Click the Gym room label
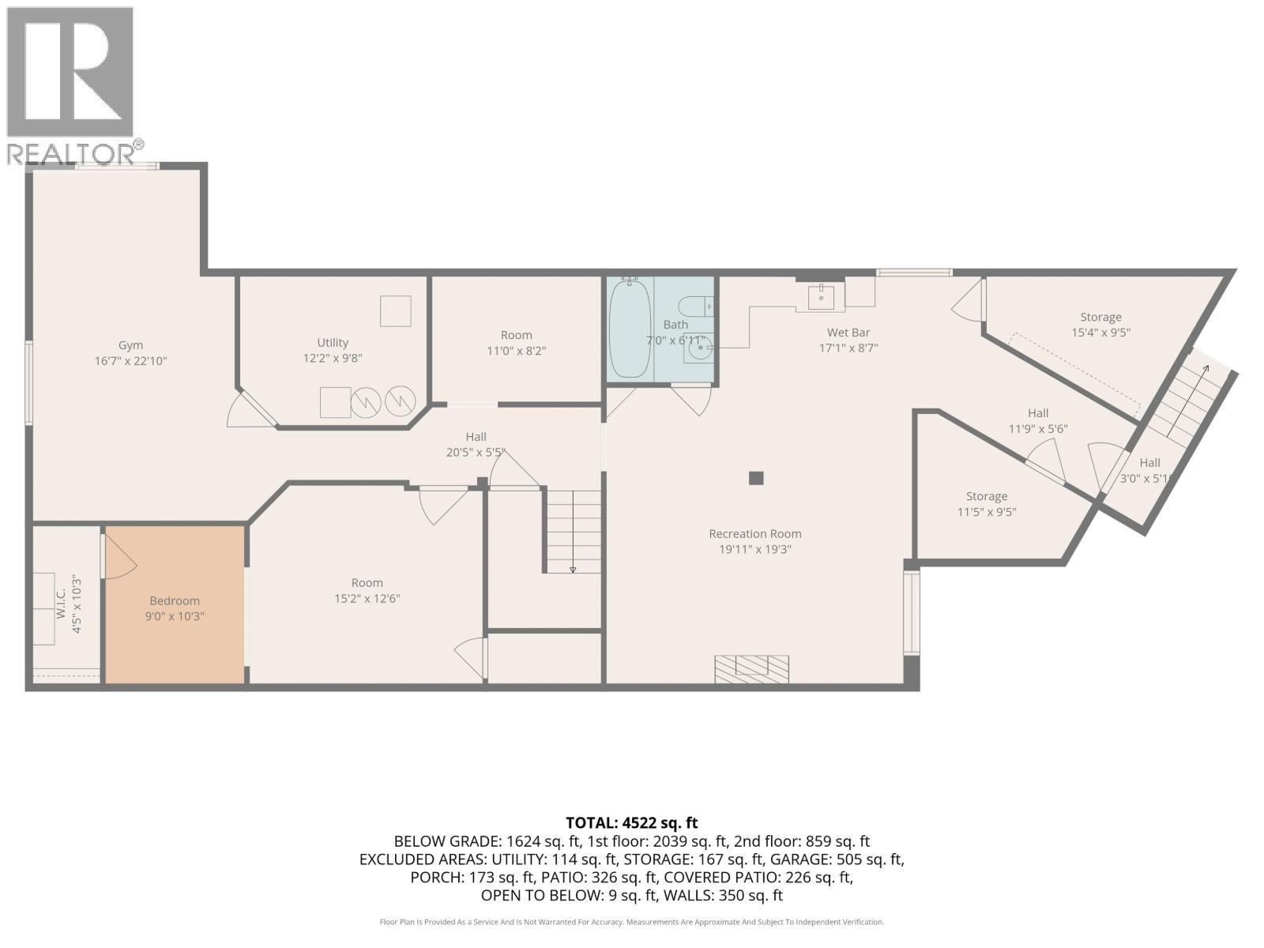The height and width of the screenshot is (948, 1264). pos(130,345)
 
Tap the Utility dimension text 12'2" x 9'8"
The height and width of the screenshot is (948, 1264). pos(333,358)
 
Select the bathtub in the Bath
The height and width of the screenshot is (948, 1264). pos(630,329)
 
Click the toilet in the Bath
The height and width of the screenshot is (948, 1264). pos(696,307)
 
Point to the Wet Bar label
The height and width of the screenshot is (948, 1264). pos(848,333)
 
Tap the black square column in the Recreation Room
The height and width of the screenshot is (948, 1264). pos(756,478)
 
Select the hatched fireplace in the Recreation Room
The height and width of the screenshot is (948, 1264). pos(751,669)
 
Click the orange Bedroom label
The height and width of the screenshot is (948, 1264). pos(175,601)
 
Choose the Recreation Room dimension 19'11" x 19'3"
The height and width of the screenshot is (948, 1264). pos(755,549)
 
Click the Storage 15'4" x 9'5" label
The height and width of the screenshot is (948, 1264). pos(1101,325)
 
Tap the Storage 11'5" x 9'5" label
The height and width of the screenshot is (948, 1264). pos(987,504)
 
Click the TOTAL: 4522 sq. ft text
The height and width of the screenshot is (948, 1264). pos(632,823)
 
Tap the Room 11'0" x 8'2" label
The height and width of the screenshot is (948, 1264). pos(517,343)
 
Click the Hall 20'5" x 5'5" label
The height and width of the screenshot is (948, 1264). pos(476,444)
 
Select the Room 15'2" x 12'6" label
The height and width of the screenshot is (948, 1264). pos(367,591)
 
